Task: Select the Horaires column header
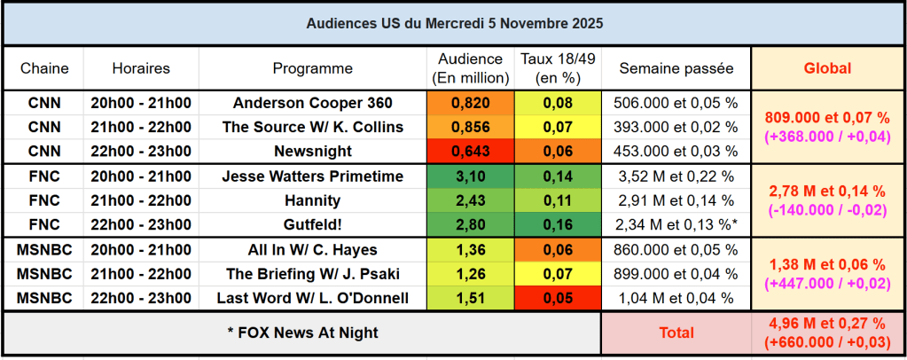point(141,68)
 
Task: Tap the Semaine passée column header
point(676,68)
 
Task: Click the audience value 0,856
point(470,127)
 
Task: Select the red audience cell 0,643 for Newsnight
point(470,151)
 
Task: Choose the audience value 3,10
point(470,176)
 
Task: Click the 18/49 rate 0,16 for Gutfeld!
point(559,225)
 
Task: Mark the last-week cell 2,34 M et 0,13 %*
point(676,225)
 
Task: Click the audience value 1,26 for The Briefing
point(470,274)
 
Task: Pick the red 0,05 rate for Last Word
point(559,298)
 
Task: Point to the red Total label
point(676,333)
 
